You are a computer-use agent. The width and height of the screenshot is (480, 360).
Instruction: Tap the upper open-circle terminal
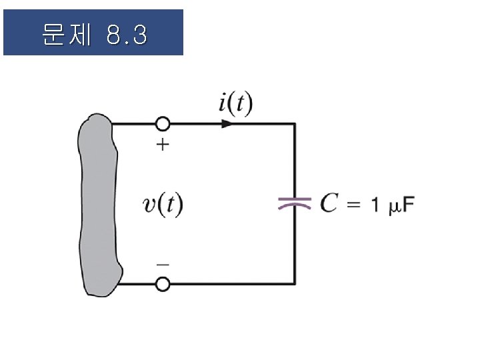162,124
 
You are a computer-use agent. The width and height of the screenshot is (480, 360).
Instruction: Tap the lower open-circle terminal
162,284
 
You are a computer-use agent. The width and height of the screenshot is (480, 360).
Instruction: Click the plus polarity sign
162,145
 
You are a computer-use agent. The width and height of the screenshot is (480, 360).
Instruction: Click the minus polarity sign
162,264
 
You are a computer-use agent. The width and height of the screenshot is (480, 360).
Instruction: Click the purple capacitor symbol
295,203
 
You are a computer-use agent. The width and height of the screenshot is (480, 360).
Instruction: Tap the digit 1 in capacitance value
375,204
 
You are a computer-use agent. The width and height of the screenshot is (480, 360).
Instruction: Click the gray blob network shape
99,204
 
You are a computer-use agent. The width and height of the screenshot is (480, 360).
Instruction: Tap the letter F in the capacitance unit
407,204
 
